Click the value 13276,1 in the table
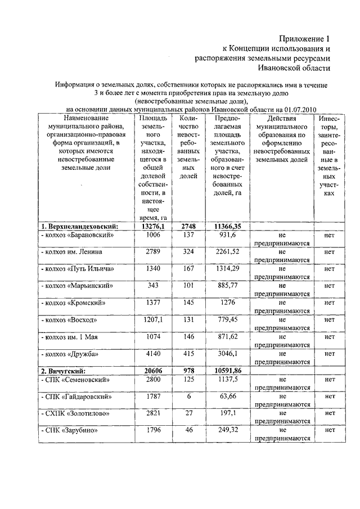coord(150,226)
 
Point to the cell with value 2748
coord(188,226)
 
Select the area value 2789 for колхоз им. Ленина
coord(150,251)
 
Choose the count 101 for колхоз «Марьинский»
coord(188,286)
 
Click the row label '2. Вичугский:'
coord(62,372)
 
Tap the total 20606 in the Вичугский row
coord(150,372)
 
